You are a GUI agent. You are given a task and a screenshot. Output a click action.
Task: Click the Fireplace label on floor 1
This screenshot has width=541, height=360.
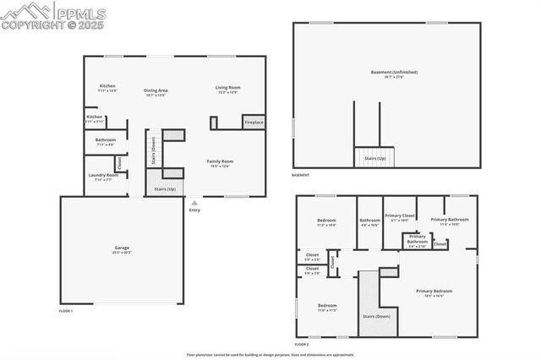pyautogui.click(x=254, y=123)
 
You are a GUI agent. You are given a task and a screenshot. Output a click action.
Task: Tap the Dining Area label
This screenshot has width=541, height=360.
pyautogui.click(x=156, y=90)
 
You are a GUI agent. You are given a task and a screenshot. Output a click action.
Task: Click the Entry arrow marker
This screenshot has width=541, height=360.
pyautogui.click(x=195, y=203)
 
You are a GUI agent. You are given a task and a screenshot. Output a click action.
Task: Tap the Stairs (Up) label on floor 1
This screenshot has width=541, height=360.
pyautogui.click(x=166, y=189)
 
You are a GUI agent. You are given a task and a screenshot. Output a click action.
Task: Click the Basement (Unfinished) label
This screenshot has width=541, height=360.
pyautogui.click(x=394, y=72)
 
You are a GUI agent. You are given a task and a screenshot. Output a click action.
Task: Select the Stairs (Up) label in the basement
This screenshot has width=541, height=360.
pyautogui.click(x=375, y=158)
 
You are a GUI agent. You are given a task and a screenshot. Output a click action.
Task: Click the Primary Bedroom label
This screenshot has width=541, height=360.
pyautogui.click(x=434, y=292)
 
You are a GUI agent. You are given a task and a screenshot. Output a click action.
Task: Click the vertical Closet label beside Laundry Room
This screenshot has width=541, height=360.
pyautogui.click(x=119, y=164)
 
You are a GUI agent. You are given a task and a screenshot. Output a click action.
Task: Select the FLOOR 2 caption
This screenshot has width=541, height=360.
pyautogui.click(x=302, y=345)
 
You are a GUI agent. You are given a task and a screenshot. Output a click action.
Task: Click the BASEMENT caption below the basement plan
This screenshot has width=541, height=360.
pyautogui.click(x=300, y=175)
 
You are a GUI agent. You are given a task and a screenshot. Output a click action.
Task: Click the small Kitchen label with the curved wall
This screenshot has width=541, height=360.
pyautogui.click(x=94, y=117)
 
